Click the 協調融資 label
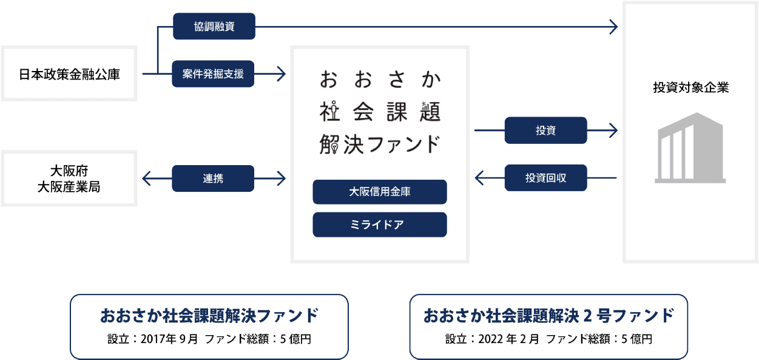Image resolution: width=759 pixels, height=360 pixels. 214,27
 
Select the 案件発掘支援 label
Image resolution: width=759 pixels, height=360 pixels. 214,74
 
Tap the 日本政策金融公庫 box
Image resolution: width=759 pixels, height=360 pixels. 69,75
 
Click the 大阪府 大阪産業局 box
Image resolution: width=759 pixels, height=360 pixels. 69,178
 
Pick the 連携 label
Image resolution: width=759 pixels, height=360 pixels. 214,178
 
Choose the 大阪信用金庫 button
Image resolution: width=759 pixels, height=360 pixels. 380,192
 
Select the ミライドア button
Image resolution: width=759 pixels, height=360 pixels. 380,225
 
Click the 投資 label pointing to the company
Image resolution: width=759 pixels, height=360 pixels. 545,131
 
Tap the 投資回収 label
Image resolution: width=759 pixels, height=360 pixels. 545,178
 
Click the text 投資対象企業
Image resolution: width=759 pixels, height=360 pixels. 690,88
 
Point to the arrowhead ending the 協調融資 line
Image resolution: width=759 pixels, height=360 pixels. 613,27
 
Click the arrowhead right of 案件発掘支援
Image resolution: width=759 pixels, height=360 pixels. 281,75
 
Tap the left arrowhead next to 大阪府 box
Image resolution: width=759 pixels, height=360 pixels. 146,178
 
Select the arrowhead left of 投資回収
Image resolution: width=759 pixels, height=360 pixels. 479,178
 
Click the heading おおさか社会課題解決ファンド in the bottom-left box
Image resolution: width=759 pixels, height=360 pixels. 209,316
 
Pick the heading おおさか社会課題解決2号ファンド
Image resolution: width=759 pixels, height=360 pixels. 548,316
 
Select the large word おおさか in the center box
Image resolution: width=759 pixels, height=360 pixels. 380,80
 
